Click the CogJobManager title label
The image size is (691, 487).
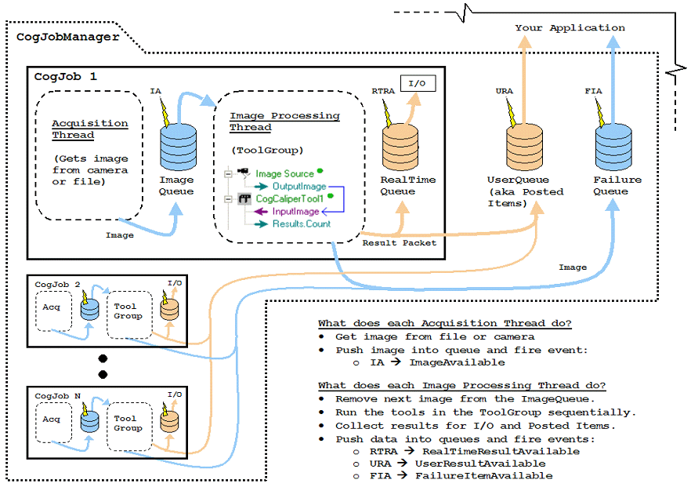coord(68,36)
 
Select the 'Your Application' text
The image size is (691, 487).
coord(570,27)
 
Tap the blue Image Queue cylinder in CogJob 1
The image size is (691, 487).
coord(171,147)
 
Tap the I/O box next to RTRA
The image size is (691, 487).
coord(418,82)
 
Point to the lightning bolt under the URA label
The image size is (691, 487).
coord(512,113)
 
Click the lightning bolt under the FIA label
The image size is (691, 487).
coord(600,113)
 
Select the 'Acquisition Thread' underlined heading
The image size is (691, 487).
coord(89,128)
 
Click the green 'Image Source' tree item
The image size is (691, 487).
coord(284,173)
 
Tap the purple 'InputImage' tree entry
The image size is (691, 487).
coord(295,211)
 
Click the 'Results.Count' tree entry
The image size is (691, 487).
coord(301,224)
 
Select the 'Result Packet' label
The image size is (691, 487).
coord(399,242)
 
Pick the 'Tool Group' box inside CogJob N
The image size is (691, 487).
coord(128,423)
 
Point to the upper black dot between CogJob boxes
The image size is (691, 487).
coord(102,358)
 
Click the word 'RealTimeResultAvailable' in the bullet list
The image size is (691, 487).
coord(501,451)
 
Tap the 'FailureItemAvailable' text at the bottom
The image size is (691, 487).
coord(483,475)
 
